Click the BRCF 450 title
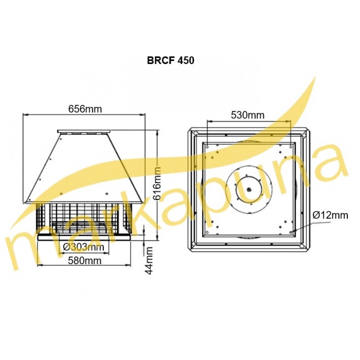[x=171, y=60]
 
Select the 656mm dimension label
[x=85, y=109]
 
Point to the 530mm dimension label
[x=247, y=115]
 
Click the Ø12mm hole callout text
[x=330, y=216]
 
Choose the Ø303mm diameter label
[x=84, y=247]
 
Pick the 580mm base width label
[x=85, y=261]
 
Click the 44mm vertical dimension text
[x=149, y=261]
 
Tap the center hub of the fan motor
[x=249, y=189]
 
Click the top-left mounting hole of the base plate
[x=207, y=146]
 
